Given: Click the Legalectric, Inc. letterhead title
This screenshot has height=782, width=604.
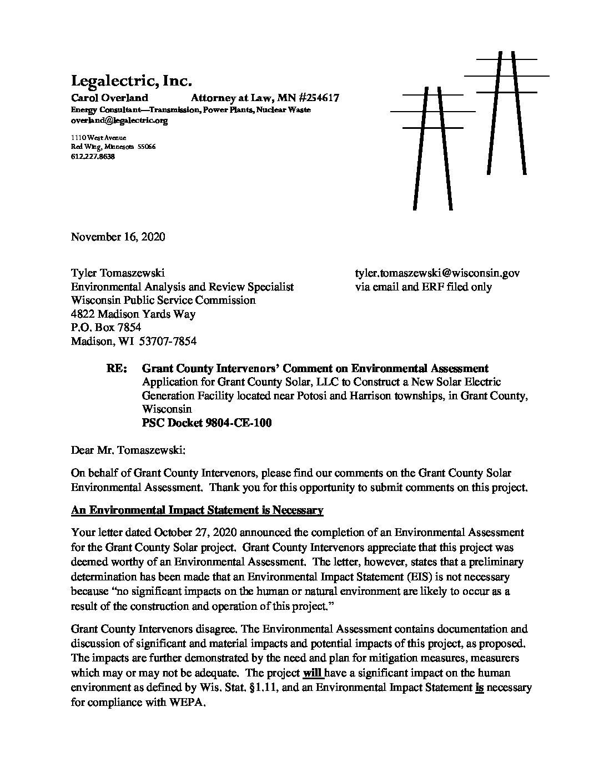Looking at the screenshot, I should (x=131, y=81).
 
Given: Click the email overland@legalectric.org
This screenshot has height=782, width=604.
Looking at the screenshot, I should (x=119, y=120).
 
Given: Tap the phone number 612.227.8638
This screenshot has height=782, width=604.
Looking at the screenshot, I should (x=93, y=157).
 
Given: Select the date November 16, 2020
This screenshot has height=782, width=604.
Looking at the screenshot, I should (x=118, y=237).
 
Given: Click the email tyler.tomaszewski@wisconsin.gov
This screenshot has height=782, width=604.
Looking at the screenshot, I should (x=437, y=273).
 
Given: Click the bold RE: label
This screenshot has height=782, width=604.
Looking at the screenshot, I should (x=116, y=368).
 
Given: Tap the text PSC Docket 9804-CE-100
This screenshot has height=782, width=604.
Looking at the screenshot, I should (x=207, y=423).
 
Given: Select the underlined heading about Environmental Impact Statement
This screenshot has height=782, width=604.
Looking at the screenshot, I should (x=197, y=510).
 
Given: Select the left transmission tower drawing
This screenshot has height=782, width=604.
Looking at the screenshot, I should (x=432, y=147).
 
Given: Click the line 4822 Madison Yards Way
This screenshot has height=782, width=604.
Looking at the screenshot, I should (x=133, y=314).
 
